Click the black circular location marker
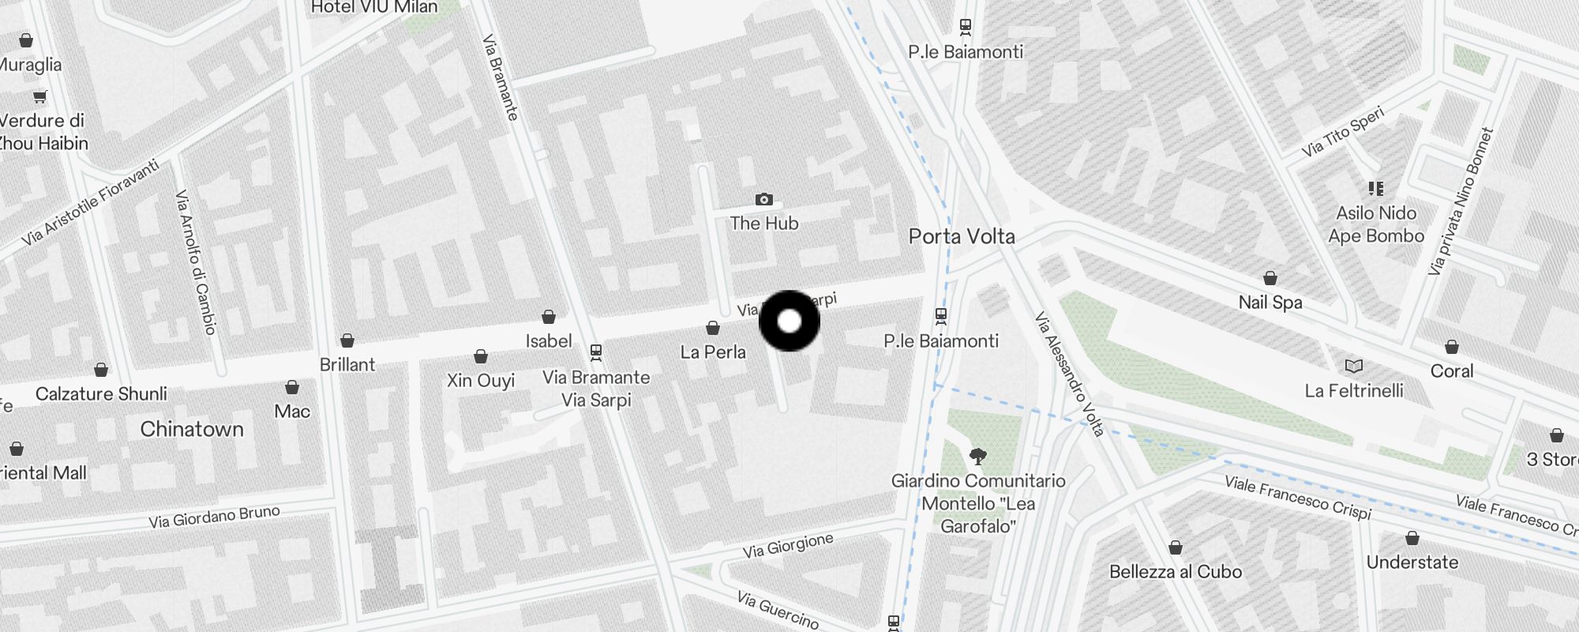coord(789,322)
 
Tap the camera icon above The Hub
coord(763,199)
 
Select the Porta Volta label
coord(961,236)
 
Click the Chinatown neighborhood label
coord(192,429)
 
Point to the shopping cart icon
coord(39,96)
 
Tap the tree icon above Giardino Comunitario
coord(977,456)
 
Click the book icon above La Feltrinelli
coord(1353,367)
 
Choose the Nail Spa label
coord(1270,302)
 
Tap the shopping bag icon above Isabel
coord(549,317)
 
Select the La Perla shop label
coord(713,352)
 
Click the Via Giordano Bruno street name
coord(214,517)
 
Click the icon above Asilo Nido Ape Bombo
coord(1376,189)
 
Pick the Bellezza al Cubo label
coord(1175,571)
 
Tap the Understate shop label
coord(1412,562)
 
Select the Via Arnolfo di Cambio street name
coord(195,261)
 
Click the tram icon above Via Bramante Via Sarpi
coord(596,352)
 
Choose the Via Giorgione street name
coord(787,545)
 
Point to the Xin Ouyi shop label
coord(480,380)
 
